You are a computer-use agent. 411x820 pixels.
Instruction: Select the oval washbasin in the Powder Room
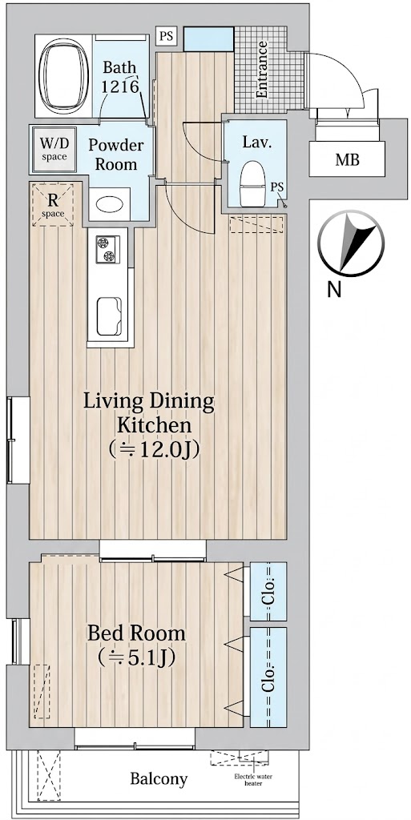click(110, 204)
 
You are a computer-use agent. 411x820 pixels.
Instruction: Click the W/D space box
click(54, 150)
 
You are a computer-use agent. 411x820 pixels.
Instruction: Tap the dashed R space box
click(52, 204)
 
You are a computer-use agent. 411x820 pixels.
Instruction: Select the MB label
click(347, 160)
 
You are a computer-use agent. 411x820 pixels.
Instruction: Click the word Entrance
click(261, 70)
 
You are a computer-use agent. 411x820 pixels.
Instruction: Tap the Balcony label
click(159, 779)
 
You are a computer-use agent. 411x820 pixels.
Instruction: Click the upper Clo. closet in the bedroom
click(268, 592)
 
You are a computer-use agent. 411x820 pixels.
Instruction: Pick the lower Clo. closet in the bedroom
click(268, 677)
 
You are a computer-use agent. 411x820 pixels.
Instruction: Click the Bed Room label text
click(136, 633)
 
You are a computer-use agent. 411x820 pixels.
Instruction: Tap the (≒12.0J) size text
click(155, 449)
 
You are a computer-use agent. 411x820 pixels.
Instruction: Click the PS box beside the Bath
click(167, 37)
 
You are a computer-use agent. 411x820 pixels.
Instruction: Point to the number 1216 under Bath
click(119, 86)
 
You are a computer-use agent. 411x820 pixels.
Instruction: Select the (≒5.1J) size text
click(136, 657)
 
